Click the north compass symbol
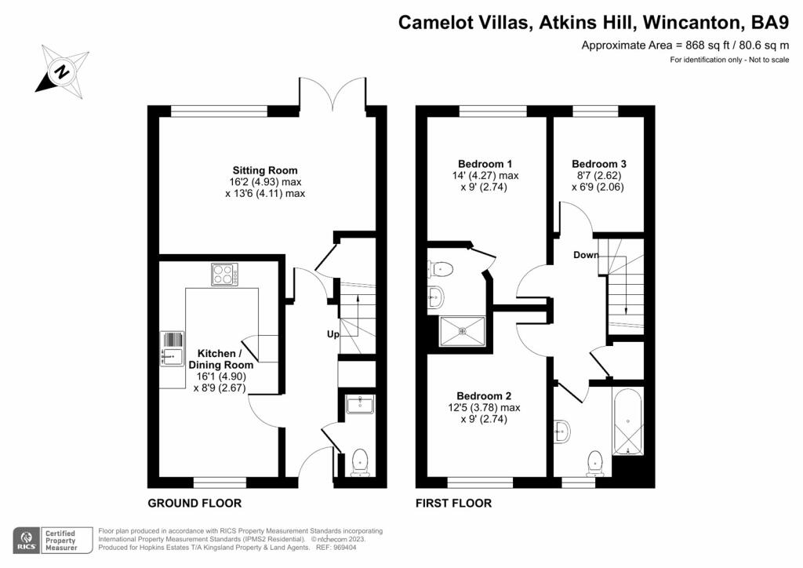pos(60,70)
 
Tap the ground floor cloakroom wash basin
pos(361,404)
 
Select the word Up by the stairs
pos(333,335)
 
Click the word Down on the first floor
pos(586,255)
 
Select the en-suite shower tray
pos(463,330)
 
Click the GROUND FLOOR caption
pos(194,503)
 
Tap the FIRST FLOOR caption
pos(453,503)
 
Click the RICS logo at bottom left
pos(27,539)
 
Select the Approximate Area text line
pos(685,46)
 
